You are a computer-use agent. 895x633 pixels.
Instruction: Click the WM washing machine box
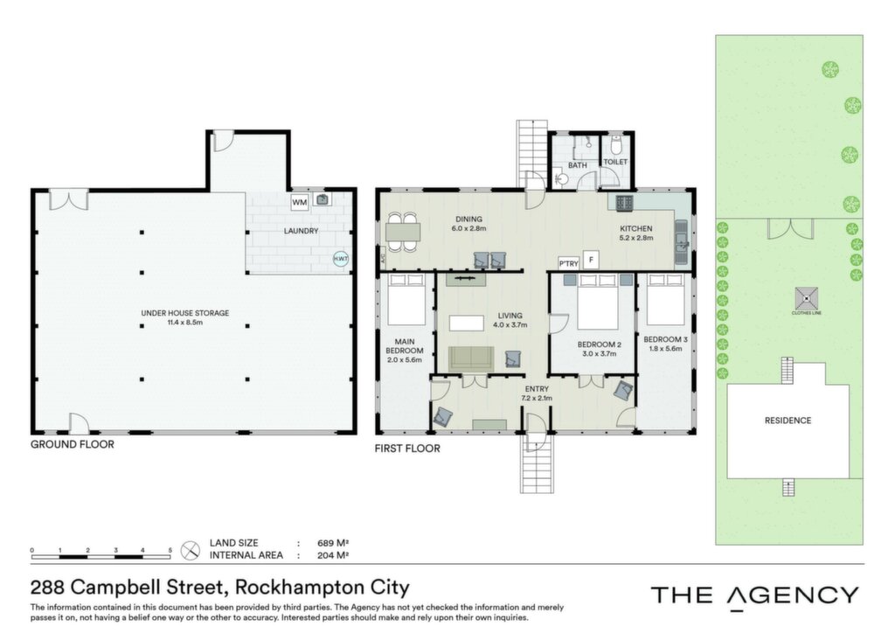300,203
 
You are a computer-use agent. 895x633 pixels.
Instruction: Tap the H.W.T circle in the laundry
341,259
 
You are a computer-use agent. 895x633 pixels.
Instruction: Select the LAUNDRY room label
301,231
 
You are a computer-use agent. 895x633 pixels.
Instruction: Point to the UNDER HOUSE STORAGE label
185,313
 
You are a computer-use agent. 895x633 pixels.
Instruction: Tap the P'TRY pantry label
568,263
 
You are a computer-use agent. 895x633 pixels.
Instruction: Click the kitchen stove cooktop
624,202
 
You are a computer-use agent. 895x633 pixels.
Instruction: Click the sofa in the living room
471,358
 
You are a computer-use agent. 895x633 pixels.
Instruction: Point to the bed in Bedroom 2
598,302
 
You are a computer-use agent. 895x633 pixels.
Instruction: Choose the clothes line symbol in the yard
806,298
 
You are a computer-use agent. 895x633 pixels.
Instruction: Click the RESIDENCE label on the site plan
787,421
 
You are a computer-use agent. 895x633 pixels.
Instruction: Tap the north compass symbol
190,550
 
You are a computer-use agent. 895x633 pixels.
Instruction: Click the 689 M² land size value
333,544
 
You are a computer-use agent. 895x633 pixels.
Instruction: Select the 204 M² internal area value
333,555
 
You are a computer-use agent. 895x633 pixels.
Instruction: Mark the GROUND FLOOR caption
73,445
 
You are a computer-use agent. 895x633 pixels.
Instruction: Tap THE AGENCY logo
754,596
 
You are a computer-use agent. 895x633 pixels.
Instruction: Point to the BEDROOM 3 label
665,339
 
